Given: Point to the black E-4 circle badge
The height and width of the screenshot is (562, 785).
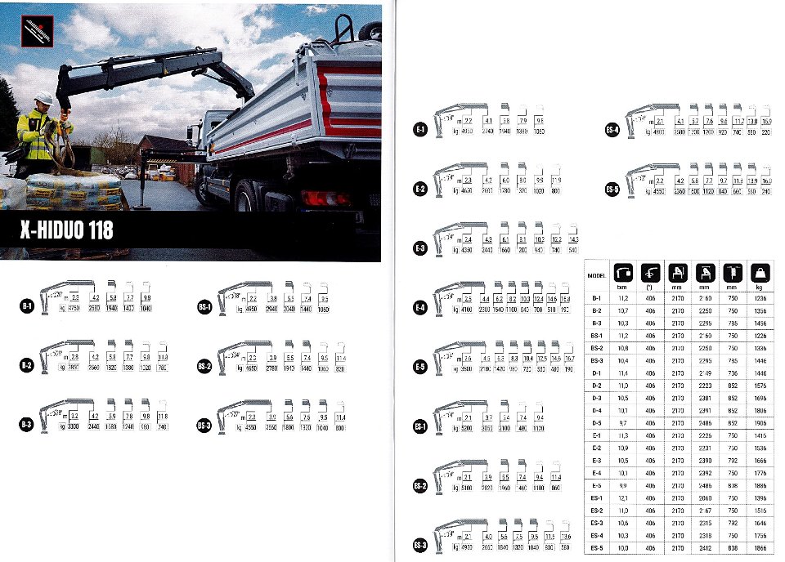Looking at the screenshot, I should (419, 308).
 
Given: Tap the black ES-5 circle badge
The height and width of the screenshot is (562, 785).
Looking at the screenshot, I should (612, 190).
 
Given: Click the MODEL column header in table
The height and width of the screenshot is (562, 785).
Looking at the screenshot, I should (596, 276).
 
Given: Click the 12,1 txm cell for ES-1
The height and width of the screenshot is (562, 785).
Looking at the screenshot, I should (621, 497).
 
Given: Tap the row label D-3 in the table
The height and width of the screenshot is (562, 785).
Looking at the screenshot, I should (596, 399).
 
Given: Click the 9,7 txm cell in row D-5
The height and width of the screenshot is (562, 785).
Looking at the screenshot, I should (621, 424).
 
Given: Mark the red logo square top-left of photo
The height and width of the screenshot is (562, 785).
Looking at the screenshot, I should (38, 33).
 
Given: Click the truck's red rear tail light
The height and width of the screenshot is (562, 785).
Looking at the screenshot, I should (315, 197).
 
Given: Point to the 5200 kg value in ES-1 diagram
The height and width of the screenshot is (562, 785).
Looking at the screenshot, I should (466, 429).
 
